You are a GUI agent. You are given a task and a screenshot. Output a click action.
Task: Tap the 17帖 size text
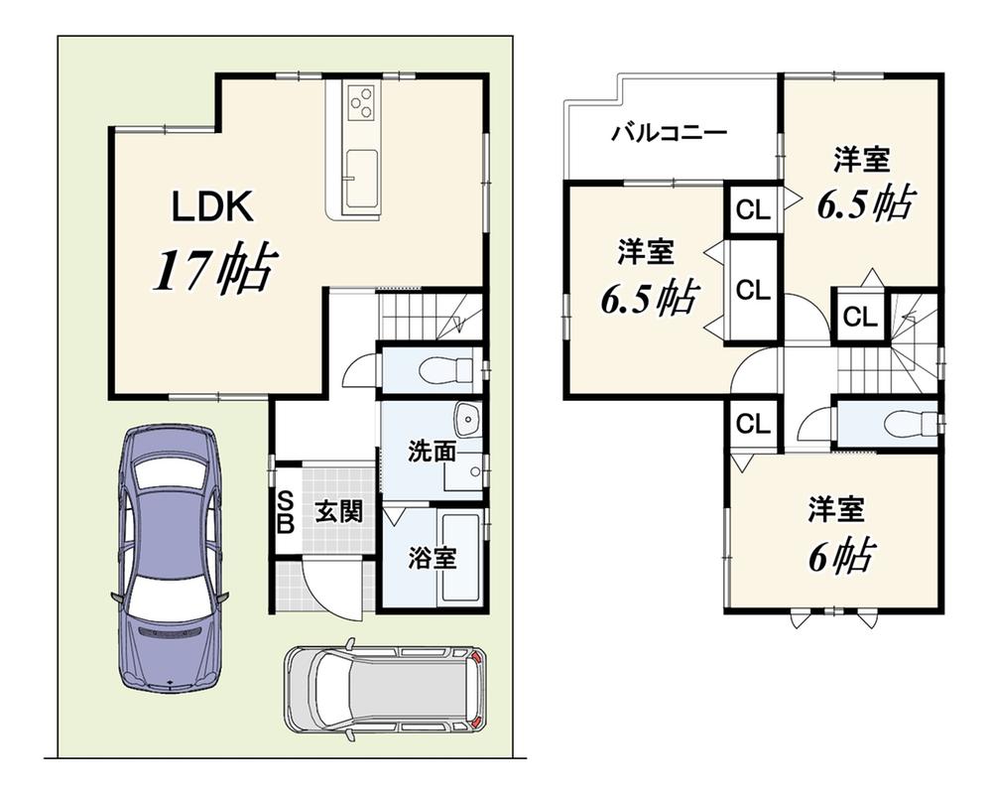click(215, 269)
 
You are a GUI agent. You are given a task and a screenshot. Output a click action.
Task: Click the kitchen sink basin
click(361, 179)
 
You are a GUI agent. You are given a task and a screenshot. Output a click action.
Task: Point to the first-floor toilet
click(448, 369)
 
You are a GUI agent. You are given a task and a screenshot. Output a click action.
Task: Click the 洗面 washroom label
click(431, 452)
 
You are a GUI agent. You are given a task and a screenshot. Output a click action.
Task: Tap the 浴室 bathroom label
click(432, 558)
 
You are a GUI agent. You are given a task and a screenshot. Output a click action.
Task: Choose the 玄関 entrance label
click(339, 511)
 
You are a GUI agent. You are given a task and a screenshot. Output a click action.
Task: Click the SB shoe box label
click(286, 512)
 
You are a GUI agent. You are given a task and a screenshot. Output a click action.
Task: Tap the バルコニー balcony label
click(670, 134)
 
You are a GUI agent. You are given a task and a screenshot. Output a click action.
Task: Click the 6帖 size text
click(841, 556)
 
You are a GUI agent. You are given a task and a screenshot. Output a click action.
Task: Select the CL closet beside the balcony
click(753, 208)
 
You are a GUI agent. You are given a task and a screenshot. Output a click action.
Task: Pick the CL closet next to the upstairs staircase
click(859, 316)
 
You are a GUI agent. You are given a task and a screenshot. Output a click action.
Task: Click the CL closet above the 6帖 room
click(753, 423)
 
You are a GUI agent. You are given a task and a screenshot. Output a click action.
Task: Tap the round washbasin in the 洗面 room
click(468, 419)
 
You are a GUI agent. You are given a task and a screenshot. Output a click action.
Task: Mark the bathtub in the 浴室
click(462, 558)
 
